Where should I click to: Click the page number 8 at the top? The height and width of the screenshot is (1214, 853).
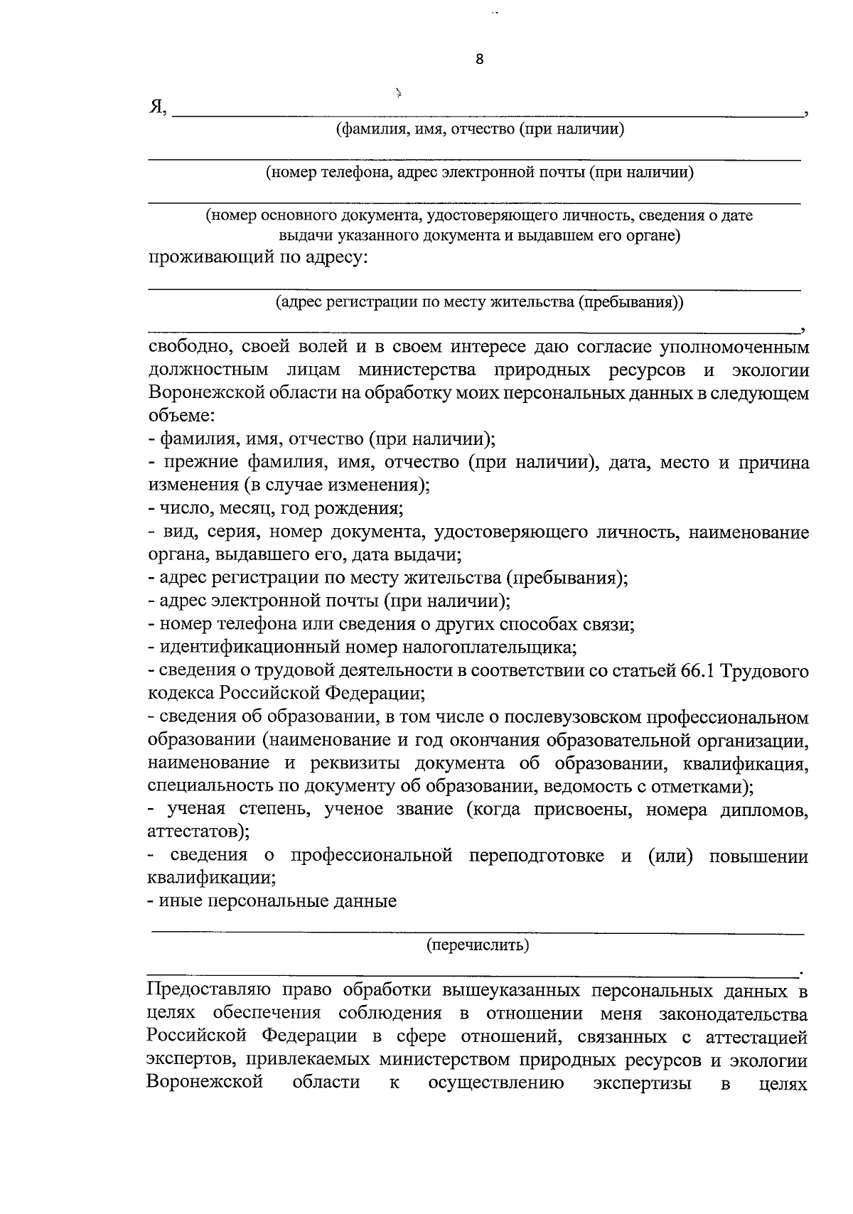coord(479,60)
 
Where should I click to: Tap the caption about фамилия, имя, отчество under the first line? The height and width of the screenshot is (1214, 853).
coord(480,129)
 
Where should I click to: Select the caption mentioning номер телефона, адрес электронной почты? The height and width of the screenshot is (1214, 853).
coord(480,173)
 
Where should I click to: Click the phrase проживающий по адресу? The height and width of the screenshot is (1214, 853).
coord(257,257)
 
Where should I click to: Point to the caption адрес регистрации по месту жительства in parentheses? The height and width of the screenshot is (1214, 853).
coord(480,302)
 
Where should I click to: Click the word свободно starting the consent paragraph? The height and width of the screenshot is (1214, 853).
coord(188,348)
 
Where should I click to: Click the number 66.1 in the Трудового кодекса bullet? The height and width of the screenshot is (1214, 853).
coord(692,671)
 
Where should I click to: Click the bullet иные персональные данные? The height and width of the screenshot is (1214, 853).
coord(272,902)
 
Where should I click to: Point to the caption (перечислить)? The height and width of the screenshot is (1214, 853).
coord(477,945)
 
